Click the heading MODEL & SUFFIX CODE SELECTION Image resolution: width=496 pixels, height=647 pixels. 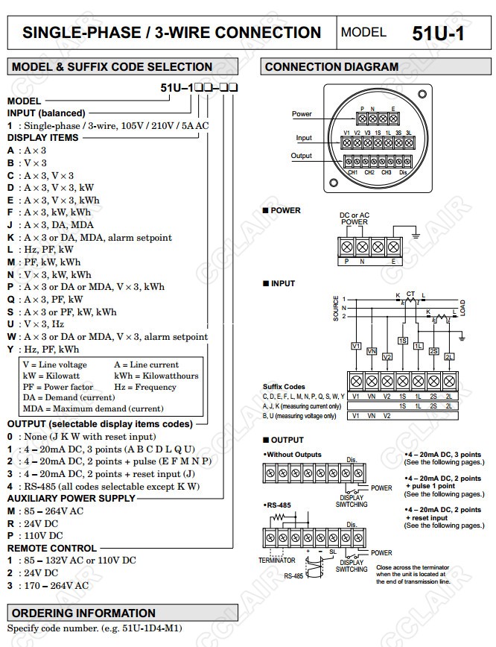[112, 67]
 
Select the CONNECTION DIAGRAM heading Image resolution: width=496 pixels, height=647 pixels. [331, 67]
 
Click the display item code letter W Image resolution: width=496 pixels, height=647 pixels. [10, 337]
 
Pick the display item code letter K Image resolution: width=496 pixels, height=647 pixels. [10, 238]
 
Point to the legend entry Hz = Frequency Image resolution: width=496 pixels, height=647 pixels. [145, 387]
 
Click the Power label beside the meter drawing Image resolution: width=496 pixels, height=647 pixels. [302, 114]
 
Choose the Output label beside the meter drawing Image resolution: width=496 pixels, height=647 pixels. [302, 156]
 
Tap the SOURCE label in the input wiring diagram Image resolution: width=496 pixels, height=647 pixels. [335, 308]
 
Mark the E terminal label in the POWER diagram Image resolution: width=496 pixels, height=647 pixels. [392, 262]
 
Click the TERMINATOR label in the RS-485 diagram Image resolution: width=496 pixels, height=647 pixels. [277, 560]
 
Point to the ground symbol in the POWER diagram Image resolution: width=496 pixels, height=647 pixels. [415, 238]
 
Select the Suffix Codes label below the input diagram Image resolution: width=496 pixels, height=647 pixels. [284, 387]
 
